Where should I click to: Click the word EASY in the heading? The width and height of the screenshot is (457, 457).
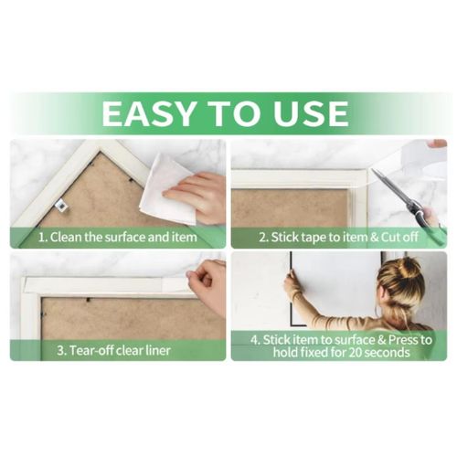[x=148, y=113]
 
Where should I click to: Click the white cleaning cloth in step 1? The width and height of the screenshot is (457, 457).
[x=167, y=188]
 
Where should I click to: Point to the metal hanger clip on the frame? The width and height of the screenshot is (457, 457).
[x=62, y=205]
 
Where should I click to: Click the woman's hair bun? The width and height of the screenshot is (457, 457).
[x=409, y=267]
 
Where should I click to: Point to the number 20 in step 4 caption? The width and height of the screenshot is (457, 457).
[x=356, y=353]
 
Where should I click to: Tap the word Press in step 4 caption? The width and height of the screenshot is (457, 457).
[x=396, y=340]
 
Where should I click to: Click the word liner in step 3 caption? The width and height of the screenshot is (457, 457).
[x=156, y=350]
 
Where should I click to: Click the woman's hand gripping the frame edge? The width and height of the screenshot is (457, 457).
[x=291, y=281]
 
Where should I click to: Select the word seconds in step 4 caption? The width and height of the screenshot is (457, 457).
[x=387, y=353]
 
